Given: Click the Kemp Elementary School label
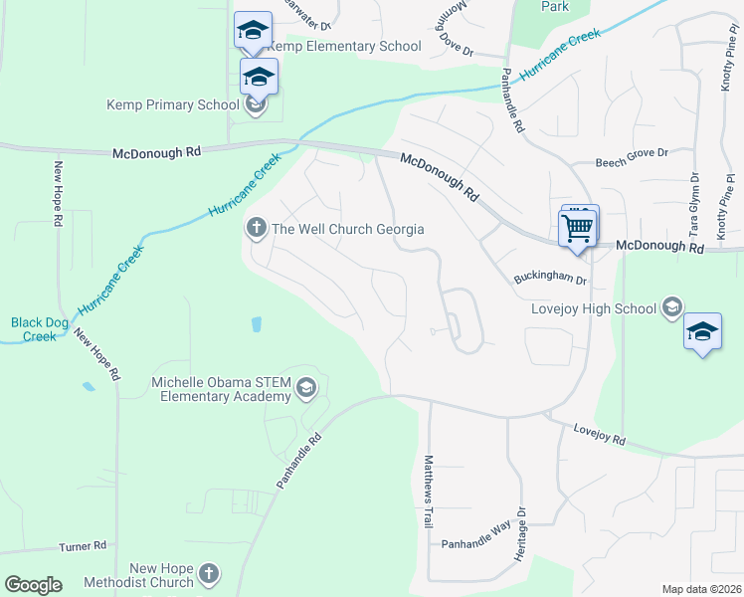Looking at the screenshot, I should (338, 47).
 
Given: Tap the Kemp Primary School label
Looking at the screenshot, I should (173, 104).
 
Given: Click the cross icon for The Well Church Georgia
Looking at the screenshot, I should (256, 229).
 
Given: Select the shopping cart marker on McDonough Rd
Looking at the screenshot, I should (577, 229).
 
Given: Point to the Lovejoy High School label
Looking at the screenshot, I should (595, 308).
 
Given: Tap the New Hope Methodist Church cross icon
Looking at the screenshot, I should (208, 573).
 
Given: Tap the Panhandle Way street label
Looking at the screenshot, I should (476, 544).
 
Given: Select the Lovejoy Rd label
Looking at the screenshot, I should (599, 434).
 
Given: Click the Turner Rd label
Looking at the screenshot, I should (83, 546).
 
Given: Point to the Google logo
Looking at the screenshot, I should (33, 585).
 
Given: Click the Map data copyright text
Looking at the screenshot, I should (701, 589).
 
